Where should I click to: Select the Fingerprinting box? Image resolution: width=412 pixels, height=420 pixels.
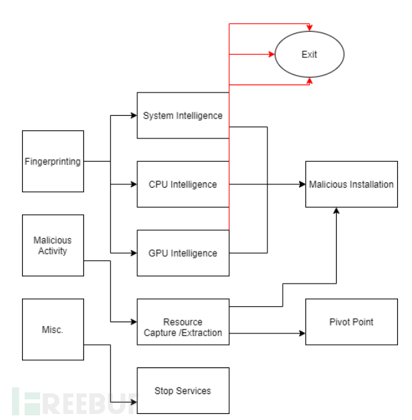(x=53, y=161)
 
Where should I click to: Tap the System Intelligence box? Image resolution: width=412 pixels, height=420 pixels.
(x=183, y=115)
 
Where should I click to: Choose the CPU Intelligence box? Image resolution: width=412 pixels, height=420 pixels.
(x=183, y=184)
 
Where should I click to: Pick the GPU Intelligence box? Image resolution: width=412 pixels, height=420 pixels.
(x=183, y=253)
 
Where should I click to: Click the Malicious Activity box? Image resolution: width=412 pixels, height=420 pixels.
(x=53, y=245)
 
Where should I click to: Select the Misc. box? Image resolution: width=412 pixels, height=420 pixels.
(x=53, y=329)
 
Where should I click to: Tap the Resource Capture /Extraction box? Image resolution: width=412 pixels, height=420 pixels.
(x=183, y=321)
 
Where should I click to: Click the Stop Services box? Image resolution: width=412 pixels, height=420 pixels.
(x=183, y=391)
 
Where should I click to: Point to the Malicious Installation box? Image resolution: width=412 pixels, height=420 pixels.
(x=351, y=184)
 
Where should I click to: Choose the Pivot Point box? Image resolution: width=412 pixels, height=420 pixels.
(x=351, y=321)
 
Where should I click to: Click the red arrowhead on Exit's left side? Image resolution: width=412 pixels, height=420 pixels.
(x=271, y=55)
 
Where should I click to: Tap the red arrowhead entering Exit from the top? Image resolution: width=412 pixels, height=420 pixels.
(x=309, y=27)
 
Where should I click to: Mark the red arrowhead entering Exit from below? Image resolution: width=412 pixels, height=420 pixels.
(x=309, y=81)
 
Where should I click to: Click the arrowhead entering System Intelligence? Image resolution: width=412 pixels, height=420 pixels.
(x=133, y=115)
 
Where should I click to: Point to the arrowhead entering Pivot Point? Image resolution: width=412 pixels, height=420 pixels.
(x=302, y=333)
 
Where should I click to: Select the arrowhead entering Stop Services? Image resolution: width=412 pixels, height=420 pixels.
(x=133, y=402)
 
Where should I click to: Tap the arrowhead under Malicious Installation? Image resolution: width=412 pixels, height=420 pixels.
(x=336, y=211)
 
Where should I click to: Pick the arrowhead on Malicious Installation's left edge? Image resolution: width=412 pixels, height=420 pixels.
(x=302, y=184)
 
